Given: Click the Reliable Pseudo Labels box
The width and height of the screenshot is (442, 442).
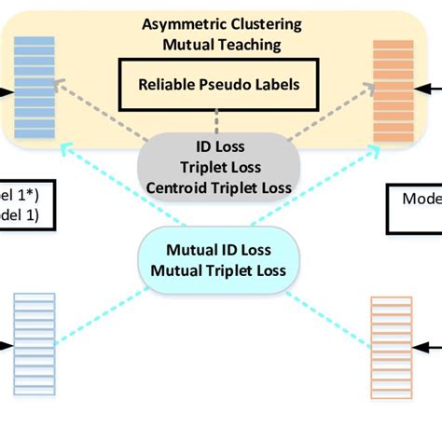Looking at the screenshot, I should click(215, 85).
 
